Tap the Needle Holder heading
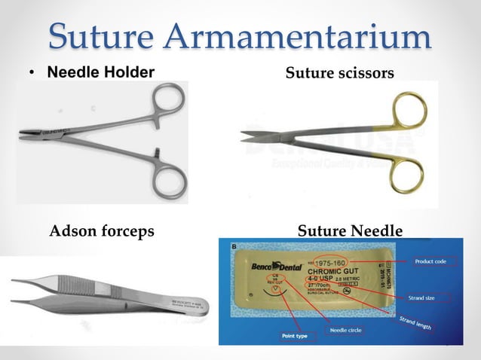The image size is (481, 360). pos(101,73)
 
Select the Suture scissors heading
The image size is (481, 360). pos(339,73)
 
